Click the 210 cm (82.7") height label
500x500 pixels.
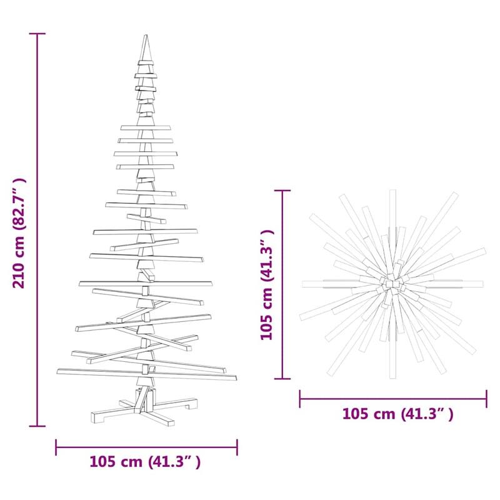20,233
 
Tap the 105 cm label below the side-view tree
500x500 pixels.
145,462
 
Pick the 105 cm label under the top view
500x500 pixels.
397,414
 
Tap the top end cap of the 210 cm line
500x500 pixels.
37,34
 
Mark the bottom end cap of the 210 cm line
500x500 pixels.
37,426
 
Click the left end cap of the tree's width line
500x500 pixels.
56,447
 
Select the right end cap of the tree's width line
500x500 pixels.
237,447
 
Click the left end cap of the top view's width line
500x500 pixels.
300,397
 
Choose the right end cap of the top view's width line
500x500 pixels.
486,397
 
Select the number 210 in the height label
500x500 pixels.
20,276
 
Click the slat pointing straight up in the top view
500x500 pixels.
392,212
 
